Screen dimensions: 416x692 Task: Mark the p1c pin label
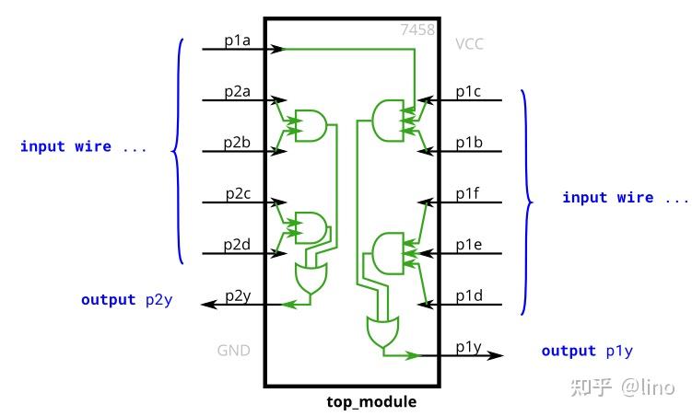pos(468,93)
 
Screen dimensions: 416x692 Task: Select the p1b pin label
pos(468,144)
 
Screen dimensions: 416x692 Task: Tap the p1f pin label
pos(468,194)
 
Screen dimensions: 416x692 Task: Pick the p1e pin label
pos(468,245)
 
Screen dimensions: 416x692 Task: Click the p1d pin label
pos(468,295)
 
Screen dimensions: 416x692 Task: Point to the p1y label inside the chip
pos(468,347)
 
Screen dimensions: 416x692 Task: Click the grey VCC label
pos(469,43)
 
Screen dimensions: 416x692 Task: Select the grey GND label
pos(233,351)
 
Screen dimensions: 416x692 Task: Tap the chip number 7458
pos(418,30)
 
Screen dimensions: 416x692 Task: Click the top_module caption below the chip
pos(371,402)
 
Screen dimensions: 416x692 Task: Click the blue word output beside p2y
pos(108,300)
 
